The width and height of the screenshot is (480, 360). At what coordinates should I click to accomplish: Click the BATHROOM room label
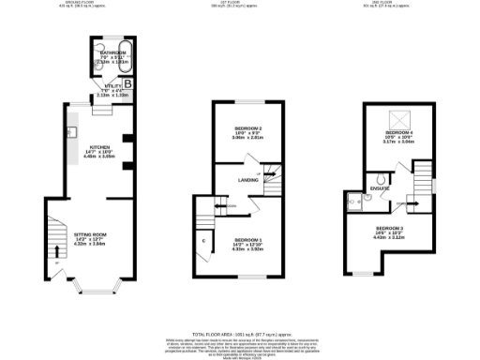tap(113, 53)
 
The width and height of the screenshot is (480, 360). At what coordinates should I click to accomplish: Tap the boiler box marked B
tap(127, 84)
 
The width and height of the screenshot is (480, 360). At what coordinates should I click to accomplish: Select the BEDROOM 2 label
tap(247, 127)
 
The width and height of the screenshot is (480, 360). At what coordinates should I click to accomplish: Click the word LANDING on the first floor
tap(248, 180)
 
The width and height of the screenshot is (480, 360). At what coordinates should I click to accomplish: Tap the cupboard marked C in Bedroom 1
tap(204, 241)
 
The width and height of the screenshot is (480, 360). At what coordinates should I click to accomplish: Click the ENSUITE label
tap(382, 188)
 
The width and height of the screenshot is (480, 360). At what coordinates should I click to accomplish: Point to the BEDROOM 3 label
tap(389, 229)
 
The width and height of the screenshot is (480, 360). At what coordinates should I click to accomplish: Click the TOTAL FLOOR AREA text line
tap(239, 333)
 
